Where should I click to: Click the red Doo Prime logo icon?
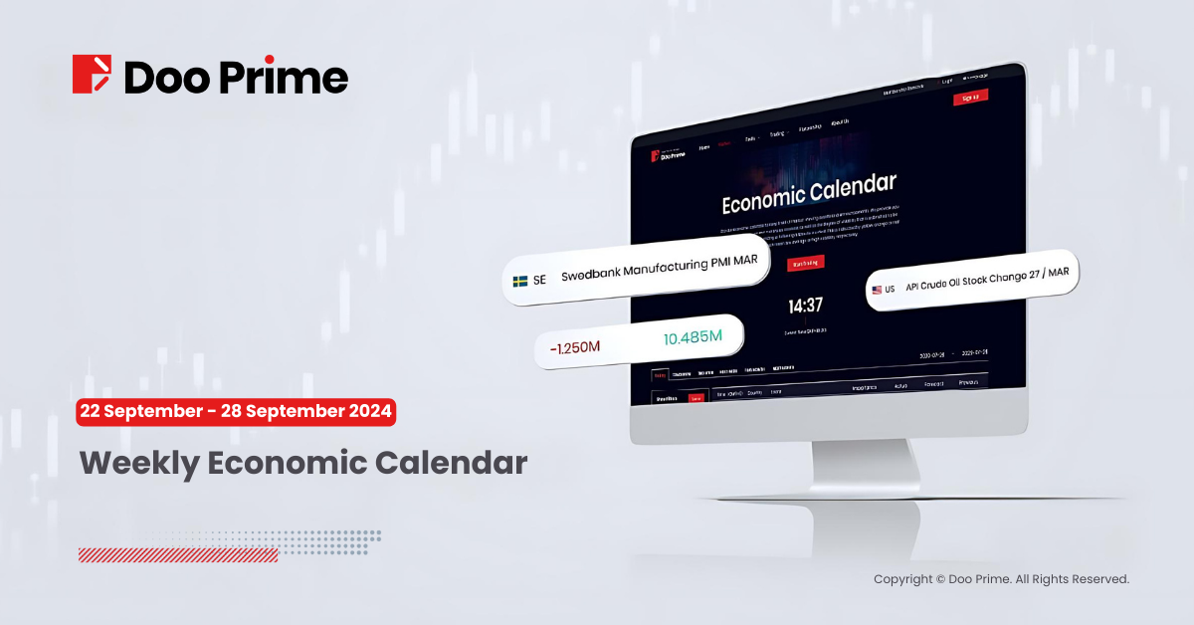94,75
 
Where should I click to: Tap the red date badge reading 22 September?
237,411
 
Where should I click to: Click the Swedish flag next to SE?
520,281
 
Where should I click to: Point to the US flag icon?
877,290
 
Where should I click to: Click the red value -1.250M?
575,346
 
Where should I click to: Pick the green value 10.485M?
692,338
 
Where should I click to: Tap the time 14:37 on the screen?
805,305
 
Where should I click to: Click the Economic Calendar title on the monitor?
808,192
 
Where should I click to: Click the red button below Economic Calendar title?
805,264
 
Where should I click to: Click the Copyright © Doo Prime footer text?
1001,579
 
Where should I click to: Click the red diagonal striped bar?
178,555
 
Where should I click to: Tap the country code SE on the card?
539,281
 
